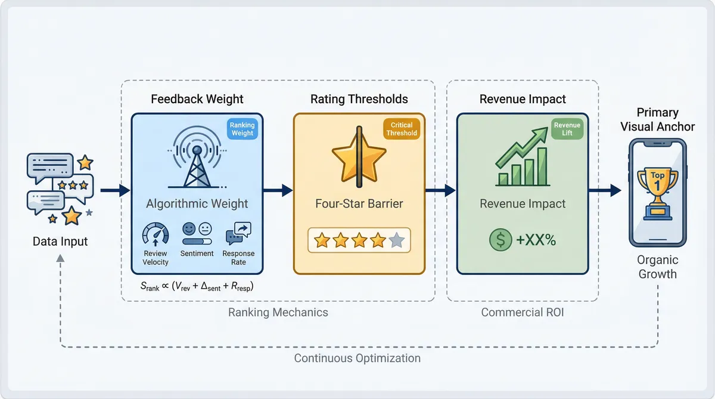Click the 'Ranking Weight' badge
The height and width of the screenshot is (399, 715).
click(x=242, y=129)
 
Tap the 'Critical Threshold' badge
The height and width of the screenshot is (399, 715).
click(x=401, y=129)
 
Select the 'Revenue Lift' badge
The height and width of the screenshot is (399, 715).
click(x=567, y=129)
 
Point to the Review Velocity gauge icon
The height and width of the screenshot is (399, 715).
click(x=156, y=233)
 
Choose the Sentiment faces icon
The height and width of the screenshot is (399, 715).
click(x=197, y=233)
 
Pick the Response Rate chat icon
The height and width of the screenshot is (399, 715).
click(x=238, y=233)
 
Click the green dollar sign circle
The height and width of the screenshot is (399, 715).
click(x=500, y=240)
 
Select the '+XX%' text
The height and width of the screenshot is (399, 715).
click(x=536, y=240)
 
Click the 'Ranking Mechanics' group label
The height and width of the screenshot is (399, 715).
click(x=278, y=312)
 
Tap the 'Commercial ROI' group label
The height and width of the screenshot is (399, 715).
click(x=523, y=312)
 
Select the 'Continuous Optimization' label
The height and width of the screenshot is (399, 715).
click(x=357, y=358)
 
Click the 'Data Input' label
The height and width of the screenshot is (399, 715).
click(x=60, y=242)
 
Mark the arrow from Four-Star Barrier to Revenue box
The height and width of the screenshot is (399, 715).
click(x=440, y=191)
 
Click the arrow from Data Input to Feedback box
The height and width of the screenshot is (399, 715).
click(x=115, y=191)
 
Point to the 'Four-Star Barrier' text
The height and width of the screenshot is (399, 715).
click(x=359, y=204)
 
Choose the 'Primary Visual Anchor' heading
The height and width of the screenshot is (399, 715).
click(x=657, y=119)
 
